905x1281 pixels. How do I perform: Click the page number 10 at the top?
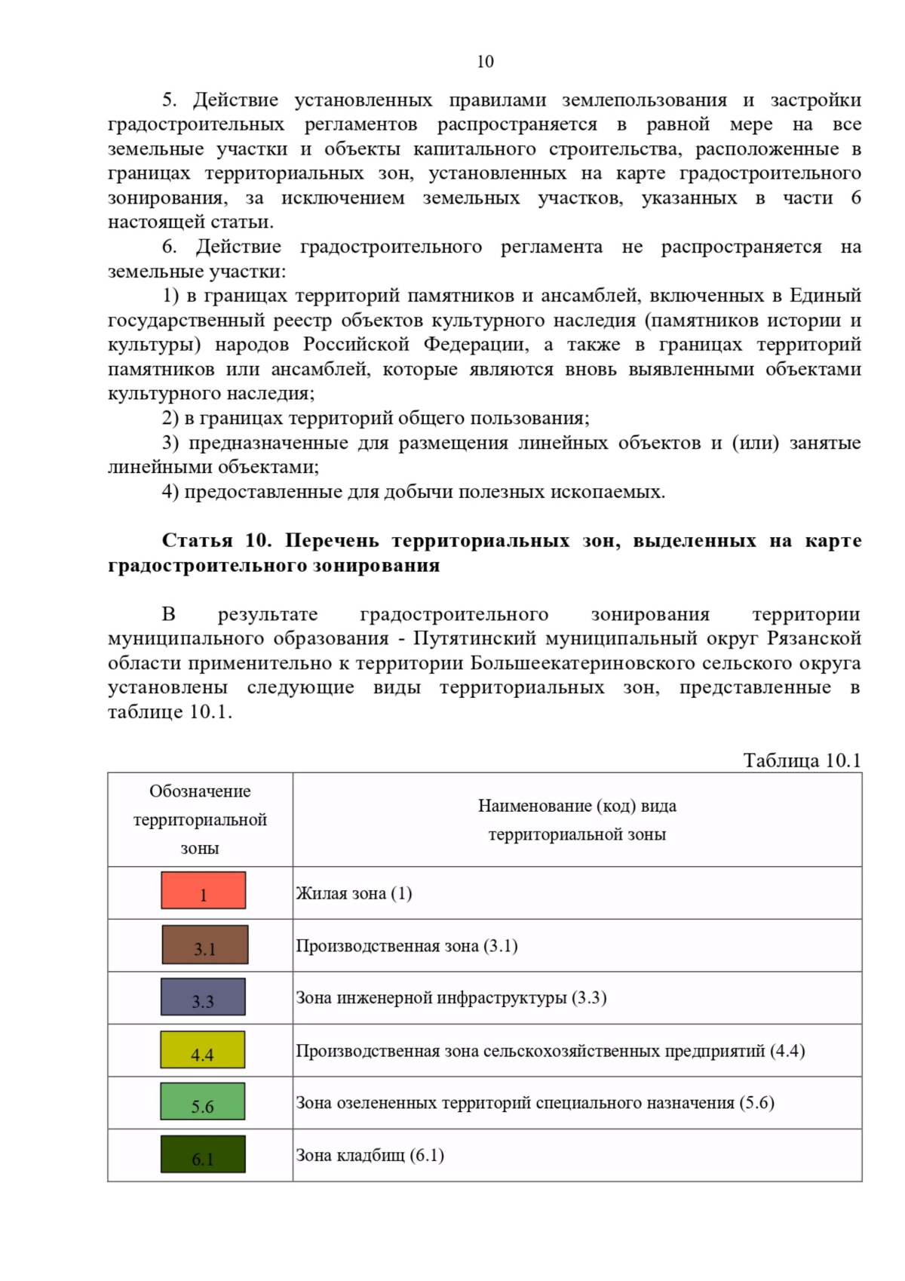point(485,62)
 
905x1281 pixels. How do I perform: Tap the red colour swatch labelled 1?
point(203,890)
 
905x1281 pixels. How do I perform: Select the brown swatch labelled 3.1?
point(204,945)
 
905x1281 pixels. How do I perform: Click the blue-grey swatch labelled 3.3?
point(203,997)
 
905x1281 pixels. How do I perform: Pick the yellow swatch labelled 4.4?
point(202,1049)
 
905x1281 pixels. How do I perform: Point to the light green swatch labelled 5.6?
point(202,1101)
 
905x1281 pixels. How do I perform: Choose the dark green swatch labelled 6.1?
point(202,1154)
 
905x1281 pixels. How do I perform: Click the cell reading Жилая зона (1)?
point(354,893)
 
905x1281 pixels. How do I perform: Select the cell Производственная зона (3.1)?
point(406,946)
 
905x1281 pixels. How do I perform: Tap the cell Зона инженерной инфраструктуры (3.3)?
point(451,998)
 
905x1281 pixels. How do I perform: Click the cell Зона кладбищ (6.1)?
point(370,1156)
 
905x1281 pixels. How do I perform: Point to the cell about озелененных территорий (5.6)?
point(535,1103)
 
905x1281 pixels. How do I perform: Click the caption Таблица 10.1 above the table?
point(802,760)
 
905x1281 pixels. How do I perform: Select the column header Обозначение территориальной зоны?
point(200,819)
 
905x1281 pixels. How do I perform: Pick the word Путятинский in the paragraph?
point(474,638)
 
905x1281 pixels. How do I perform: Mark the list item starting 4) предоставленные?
point(413,492)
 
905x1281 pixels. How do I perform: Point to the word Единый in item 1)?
point(825,296)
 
